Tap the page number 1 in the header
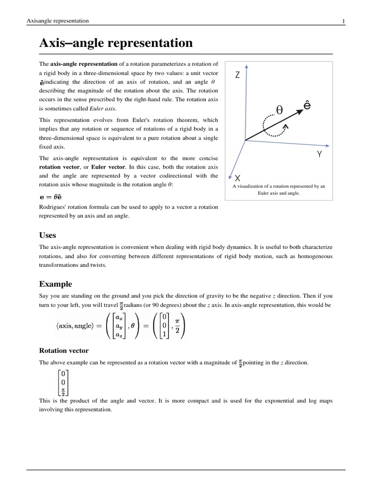[343, 21]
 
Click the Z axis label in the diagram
[237, 75]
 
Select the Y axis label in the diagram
[319, 155]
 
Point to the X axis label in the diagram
[237, 178]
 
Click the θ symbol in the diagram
[279, 110]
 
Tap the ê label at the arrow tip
[307, 105]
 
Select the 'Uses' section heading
[47, 235]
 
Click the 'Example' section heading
[55, 284]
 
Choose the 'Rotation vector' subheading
[63, 350]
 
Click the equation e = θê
[50, 197]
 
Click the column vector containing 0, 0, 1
[165, 325]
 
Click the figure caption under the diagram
[279, 189]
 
